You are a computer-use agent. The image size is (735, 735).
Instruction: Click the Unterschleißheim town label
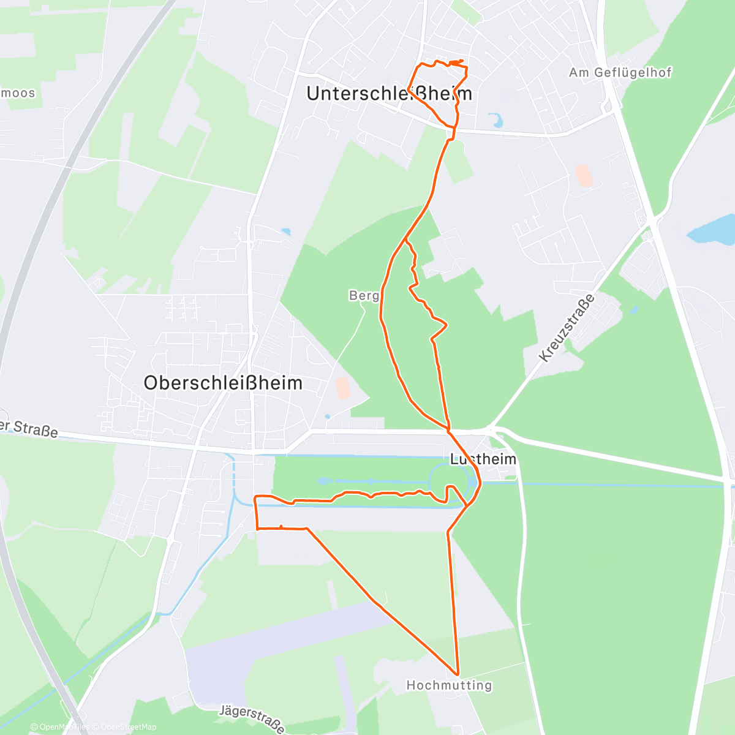(389, 93)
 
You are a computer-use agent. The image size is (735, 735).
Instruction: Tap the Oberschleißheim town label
(223, 383)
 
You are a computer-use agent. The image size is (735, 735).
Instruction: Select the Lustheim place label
(483, 459)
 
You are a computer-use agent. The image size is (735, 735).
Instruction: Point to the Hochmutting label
(449, 685)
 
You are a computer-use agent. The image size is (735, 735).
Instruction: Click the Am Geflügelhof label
(620, 72)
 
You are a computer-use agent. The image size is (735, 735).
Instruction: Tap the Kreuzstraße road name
(567, 328)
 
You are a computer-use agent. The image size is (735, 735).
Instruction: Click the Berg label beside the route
(364, 296)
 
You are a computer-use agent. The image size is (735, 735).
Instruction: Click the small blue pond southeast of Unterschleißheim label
(496, 120)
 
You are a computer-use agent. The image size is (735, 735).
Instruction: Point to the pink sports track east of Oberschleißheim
(343, 388)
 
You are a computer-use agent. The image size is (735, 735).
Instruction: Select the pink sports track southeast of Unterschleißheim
(584, 176)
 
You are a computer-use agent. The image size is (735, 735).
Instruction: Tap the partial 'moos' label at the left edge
(18, 93)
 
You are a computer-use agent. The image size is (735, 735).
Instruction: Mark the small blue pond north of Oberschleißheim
(286, 232)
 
